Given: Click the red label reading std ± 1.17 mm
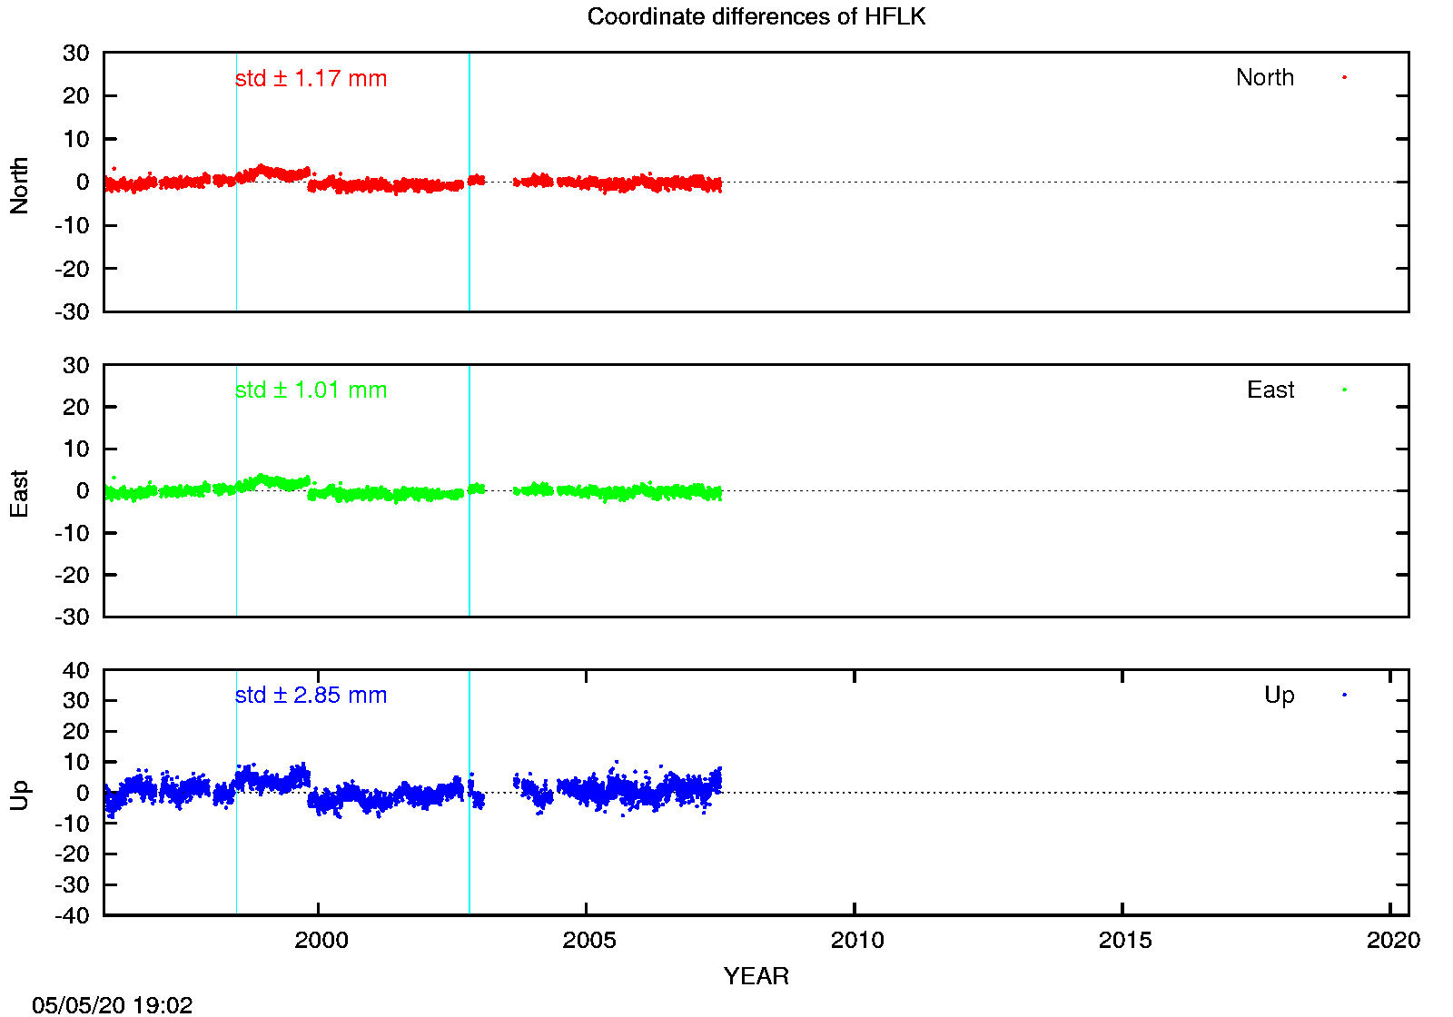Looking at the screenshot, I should pyautogui.click(x=311, y=79).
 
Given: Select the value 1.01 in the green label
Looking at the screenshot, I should pyautogui.click(x=317, y=390).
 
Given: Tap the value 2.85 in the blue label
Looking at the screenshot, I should pyautogui.click(x=317, y=696).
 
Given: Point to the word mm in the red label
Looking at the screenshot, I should pyautogui.click(x=367, y=80).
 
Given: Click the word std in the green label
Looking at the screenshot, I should pyautogui.click(x=251, y=390).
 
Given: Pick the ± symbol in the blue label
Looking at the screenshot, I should pyautogui.click(x=280, y=696).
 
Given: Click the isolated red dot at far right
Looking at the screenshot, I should pyautogui.click(x=1344, y=78).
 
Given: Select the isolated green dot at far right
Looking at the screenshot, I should pyautogui.click(x=1344, y=390).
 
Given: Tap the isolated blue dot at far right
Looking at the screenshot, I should pyautogui.click(x=1344, y=695).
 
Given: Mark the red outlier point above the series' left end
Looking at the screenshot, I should pyautogui.click(x=114, y=169).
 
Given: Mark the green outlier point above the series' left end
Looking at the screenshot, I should pyautogui.click(x=114, y=478).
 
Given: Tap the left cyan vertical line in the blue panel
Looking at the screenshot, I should pyautogui.click(x=237, y=863).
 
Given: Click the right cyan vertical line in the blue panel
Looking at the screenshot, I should pyautogui.click(x=470, y=863).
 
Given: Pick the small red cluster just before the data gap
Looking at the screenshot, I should pyautogui.click(x=477, y=181).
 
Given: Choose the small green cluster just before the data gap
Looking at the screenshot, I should pyautogui.click(x=477, y=489).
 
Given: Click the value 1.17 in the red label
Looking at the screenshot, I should pyautogui.click(x=317, y=79).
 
